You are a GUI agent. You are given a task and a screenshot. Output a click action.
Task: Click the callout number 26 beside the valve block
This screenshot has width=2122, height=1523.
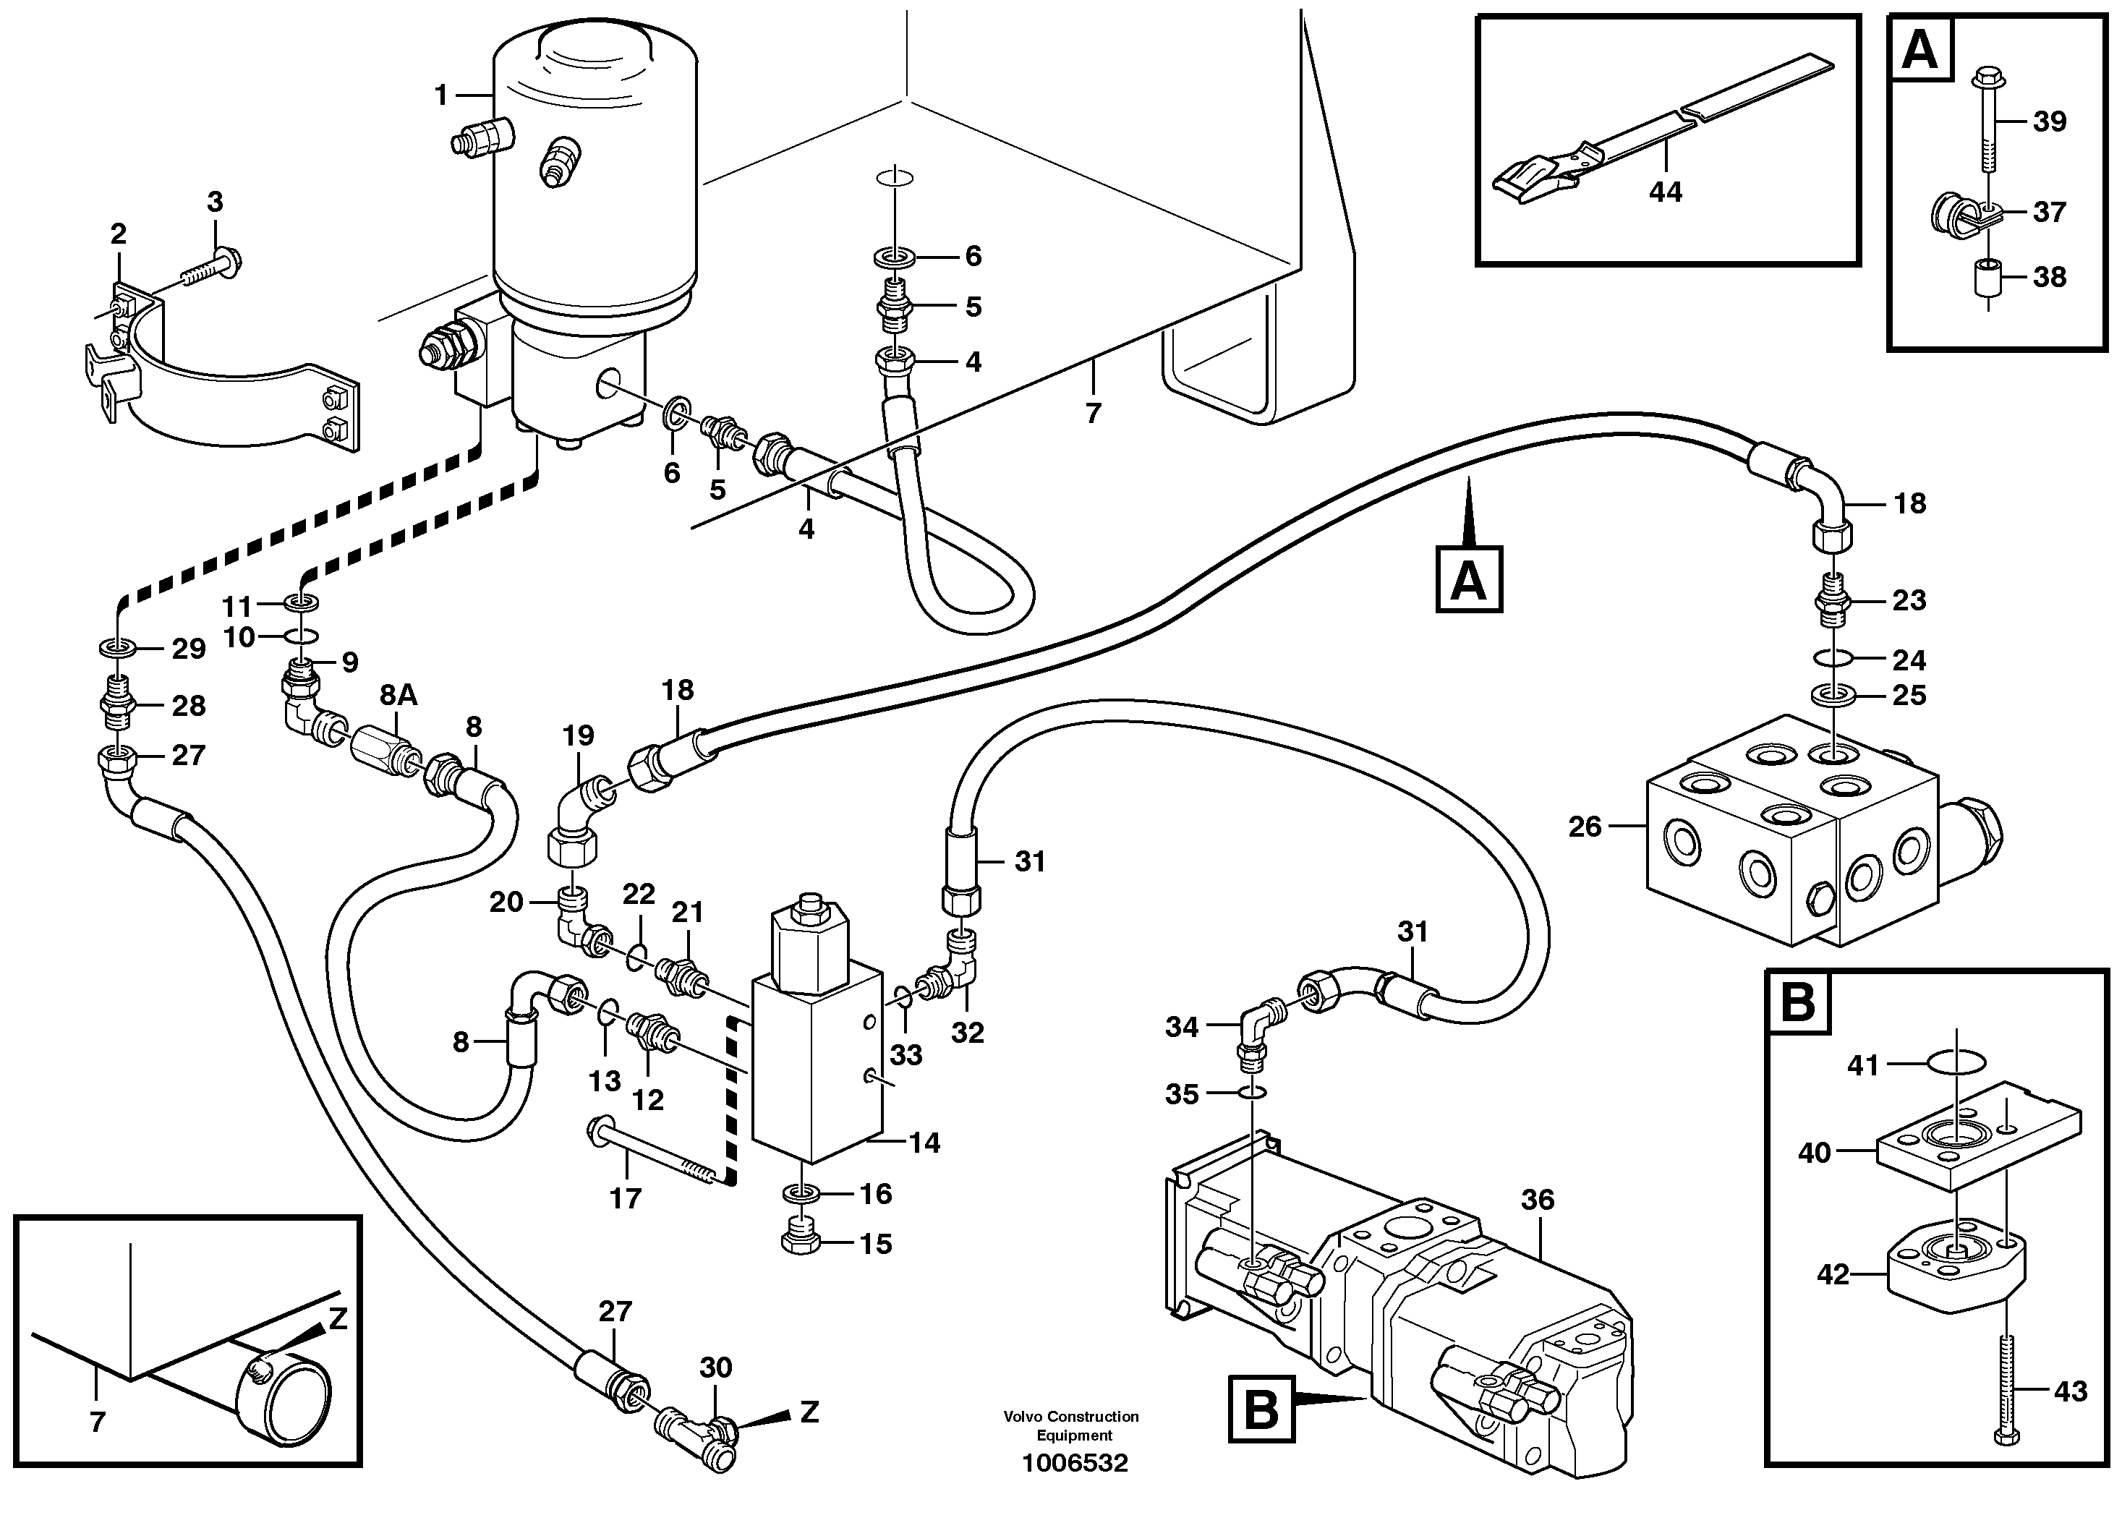tap(1585, 827)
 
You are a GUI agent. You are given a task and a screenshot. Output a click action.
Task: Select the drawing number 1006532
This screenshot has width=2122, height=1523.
tap(1074, 1463)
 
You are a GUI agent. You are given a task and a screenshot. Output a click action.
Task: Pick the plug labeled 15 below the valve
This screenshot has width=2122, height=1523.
tap(801, 1237)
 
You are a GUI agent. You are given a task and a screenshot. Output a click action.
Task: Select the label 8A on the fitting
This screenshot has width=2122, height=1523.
tap(399, 695)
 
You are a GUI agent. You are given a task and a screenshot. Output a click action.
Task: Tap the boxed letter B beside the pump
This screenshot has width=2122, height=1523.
tap(1261, 1409)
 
